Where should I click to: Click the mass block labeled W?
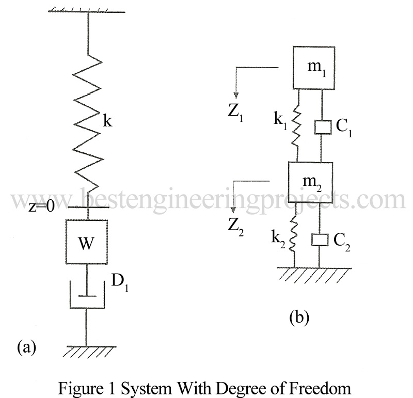(x=86, y=242)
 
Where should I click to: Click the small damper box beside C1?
(x=323, y=127)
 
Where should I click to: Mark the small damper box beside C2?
(x=320, y=240)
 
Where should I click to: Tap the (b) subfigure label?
(x=299, y=316)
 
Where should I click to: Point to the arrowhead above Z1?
(x=235, y=94)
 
